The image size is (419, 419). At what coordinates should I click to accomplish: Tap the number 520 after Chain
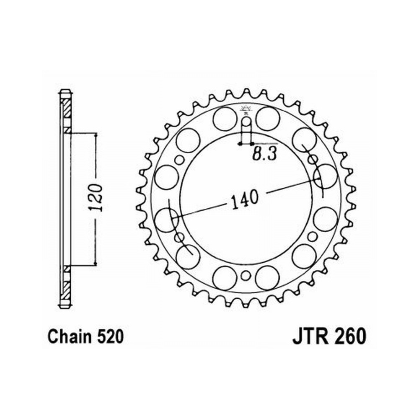[x=110, y=337]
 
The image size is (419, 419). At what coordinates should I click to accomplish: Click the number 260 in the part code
[x=349, y=337]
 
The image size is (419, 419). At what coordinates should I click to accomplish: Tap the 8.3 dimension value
[x=264, y=154]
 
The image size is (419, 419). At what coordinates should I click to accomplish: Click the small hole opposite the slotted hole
[x=246, y=276]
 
